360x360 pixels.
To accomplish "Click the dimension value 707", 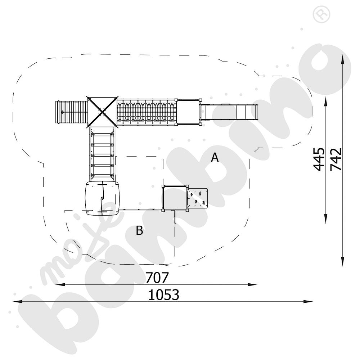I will pos(157,278).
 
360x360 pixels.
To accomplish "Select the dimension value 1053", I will pos(164,295).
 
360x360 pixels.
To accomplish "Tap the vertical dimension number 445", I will pos(319,159).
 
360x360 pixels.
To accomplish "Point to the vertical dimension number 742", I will pos(336,159).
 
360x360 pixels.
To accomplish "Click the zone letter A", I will pos(215,158).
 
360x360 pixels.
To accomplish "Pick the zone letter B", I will pos(139,231).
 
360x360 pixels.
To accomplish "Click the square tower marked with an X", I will pos(102,111).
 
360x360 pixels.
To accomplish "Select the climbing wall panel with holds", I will pos(198,198).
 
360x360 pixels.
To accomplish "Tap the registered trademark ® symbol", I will pos(319,14).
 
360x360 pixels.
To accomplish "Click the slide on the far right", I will pos(230,112).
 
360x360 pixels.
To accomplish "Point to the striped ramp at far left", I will pos(71,112).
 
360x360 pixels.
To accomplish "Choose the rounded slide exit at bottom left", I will pos(102,198).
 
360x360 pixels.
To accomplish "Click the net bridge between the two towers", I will pos(147,112).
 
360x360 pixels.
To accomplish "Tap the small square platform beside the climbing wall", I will pos(175,198).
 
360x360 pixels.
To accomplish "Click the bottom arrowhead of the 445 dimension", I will pos(326,220).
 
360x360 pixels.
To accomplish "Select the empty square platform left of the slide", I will pos(188,112).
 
